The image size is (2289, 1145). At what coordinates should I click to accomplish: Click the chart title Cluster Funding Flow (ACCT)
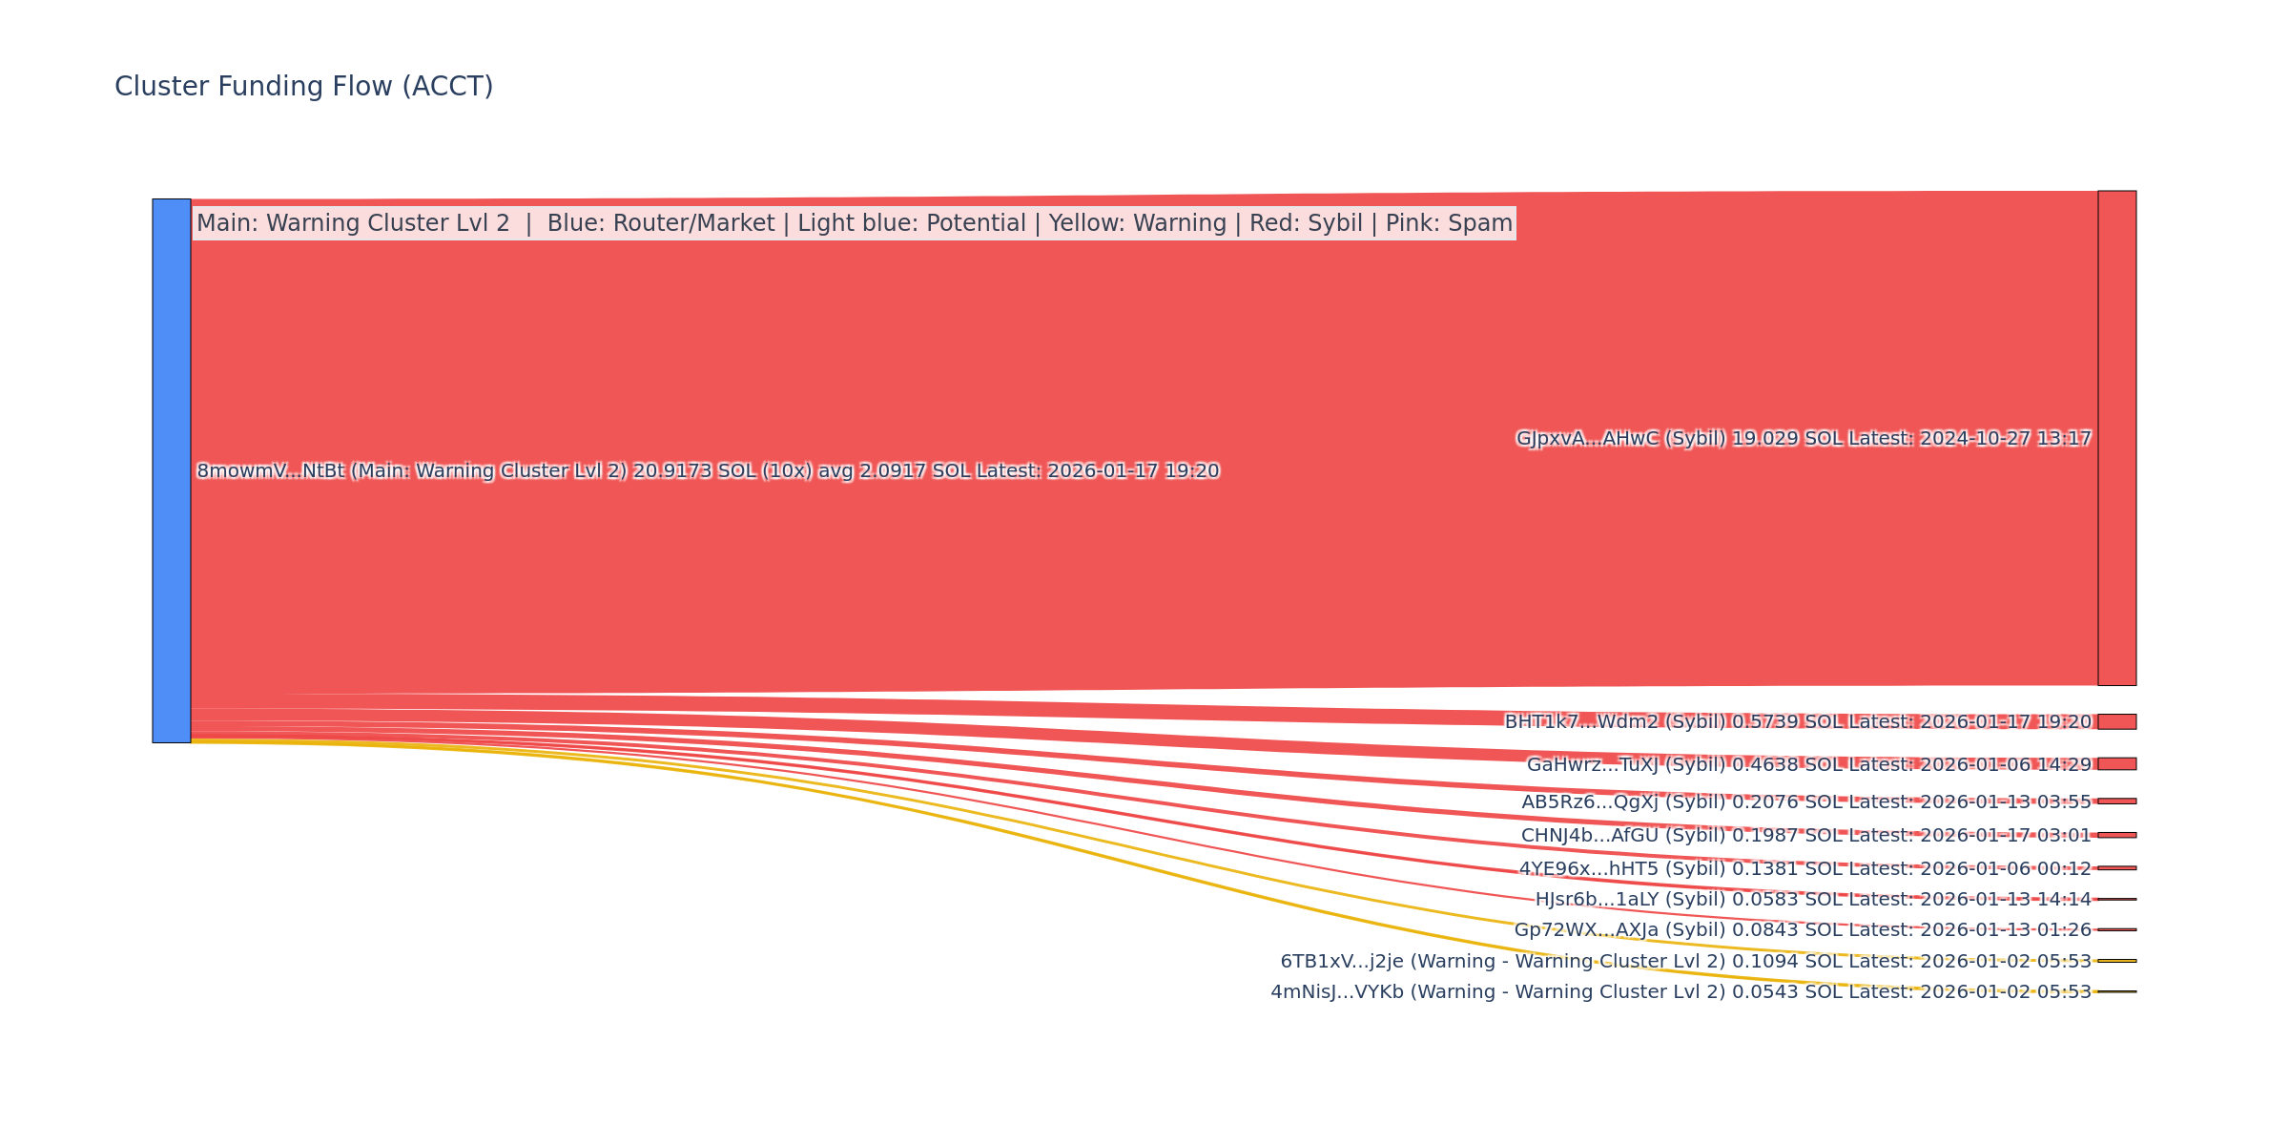[303, 87]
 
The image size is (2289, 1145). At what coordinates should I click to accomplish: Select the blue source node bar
[172, 470]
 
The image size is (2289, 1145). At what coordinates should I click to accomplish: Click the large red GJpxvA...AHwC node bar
[2116, 438]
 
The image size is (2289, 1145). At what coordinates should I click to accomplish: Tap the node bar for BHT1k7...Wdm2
[2116, 721]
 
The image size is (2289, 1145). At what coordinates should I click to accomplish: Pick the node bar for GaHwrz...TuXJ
[2116, 763]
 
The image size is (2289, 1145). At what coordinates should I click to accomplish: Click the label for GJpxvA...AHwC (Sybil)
[1803, 439]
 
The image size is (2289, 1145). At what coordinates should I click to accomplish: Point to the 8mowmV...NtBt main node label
[708, 471]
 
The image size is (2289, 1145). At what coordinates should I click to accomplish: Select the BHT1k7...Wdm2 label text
[1798, 722]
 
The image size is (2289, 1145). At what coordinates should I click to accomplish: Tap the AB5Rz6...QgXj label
[1805, 802]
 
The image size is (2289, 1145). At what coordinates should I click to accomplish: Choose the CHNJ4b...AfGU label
[1805, 836]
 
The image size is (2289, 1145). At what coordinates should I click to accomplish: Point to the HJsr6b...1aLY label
[1812, 900]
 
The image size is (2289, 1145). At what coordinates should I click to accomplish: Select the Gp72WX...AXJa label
[1803, 930]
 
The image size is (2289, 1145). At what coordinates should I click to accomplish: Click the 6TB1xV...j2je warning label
[1685, 962]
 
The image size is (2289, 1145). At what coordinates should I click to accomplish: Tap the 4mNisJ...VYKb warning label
[1681, 992]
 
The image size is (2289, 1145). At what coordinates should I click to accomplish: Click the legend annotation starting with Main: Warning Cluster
[854, 223]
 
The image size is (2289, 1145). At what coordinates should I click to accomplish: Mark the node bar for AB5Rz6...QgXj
[2116, 801]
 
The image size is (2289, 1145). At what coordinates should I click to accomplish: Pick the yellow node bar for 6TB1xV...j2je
[2116, 961]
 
